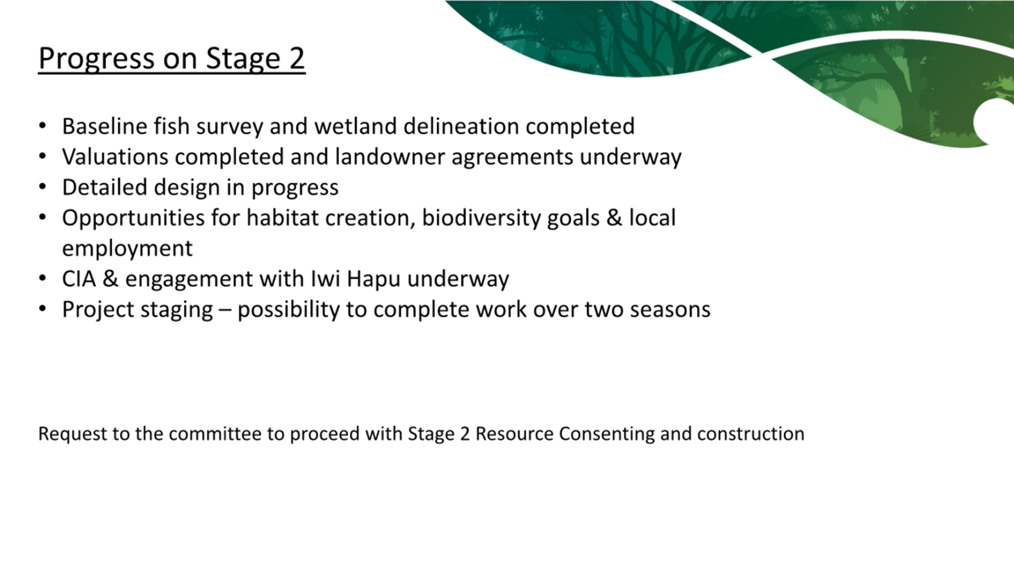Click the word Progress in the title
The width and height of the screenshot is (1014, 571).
click(x=97, y=59)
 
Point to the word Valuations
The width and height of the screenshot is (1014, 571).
click(x=115, y=157)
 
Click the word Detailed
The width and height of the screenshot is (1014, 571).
click(x=105, y=187)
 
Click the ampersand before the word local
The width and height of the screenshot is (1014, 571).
click(x=614, y=218)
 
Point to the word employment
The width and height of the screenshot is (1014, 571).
click(x=127, y=249)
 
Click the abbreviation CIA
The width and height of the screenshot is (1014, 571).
click(x=78, y=279)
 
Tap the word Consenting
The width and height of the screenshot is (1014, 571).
click(x=606, y=433)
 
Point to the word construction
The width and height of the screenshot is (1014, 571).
click(x=751, y=433)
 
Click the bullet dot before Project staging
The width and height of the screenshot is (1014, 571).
click(x=42, y=310)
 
